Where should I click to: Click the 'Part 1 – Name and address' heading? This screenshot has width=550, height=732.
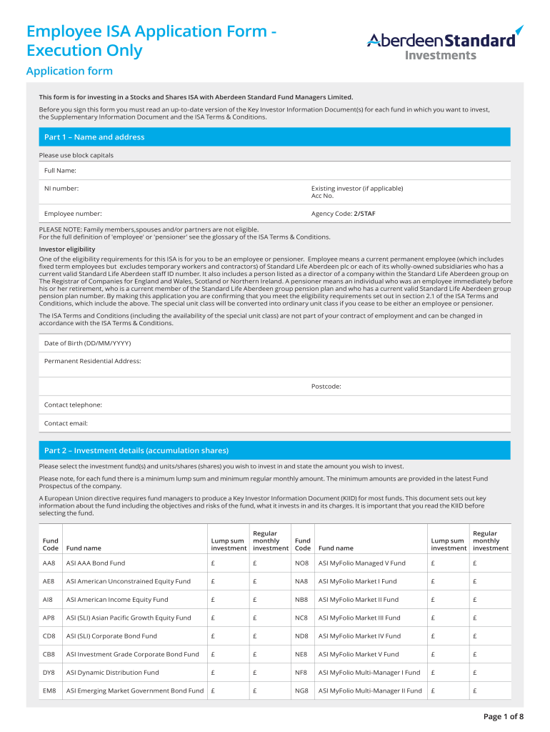tap(94, 137)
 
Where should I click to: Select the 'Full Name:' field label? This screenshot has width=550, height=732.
tap(60, 171)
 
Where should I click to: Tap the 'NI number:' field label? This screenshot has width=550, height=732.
tap(61, 189)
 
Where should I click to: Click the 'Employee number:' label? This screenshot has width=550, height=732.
tap(73, 214)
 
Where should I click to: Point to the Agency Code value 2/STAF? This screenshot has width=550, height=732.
tap(364, 214)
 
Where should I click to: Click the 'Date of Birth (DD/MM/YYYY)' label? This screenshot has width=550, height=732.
tap(87, 343)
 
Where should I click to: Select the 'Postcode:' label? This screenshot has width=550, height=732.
tap(326, 387)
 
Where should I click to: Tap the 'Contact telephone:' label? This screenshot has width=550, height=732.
tap(73, 405)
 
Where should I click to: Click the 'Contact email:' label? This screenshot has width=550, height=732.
tap(66, 423)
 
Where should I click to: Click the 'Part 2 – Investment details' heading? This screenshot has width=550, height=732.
tap(136, 451)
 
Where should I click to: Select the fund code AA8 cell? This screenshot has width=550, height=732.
tap(49, 563)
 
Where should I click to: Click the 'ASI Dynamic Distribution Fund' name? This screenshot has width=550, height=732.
tap(113, 673)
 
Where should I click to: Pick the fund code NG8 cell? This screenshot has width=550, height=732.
tap(301, 691)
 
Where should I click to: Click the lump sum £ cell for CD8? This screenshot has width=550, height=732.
tap(213, 636)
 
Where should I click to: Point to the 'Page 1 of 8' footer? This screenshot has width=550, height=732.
tap(504, 716)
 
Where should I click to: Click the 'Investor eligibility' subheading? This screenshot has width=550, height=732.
tap(67, 249)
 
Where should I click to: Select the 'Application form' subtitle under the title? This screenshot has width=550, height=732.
tap(69, 71)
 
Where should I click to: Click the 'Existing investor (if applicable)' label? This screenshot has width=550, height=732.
tap(357, 189)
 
